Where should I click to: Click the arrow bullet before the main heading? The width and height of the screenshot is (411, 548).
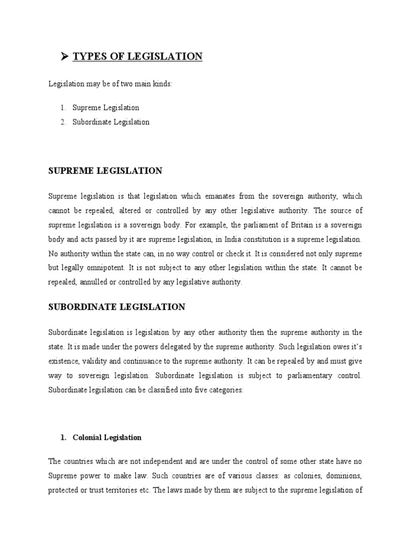click(x=65, y=56)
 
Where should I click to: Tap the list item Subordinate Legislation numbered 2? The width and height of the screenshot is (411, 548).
click(x=111, y=122)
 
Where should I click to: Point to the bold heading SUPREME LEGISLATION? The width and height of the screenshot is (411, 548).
click(x=105, y=171)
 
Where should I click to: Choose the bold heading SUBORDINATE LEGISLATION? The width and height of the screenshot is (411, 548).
click(x=117, y=307)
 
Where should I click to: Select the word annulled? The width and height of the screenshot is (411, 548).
click(x=98, y=282)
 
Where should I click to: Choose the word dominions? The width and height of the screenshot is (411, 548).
click(x=344, y=475)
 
